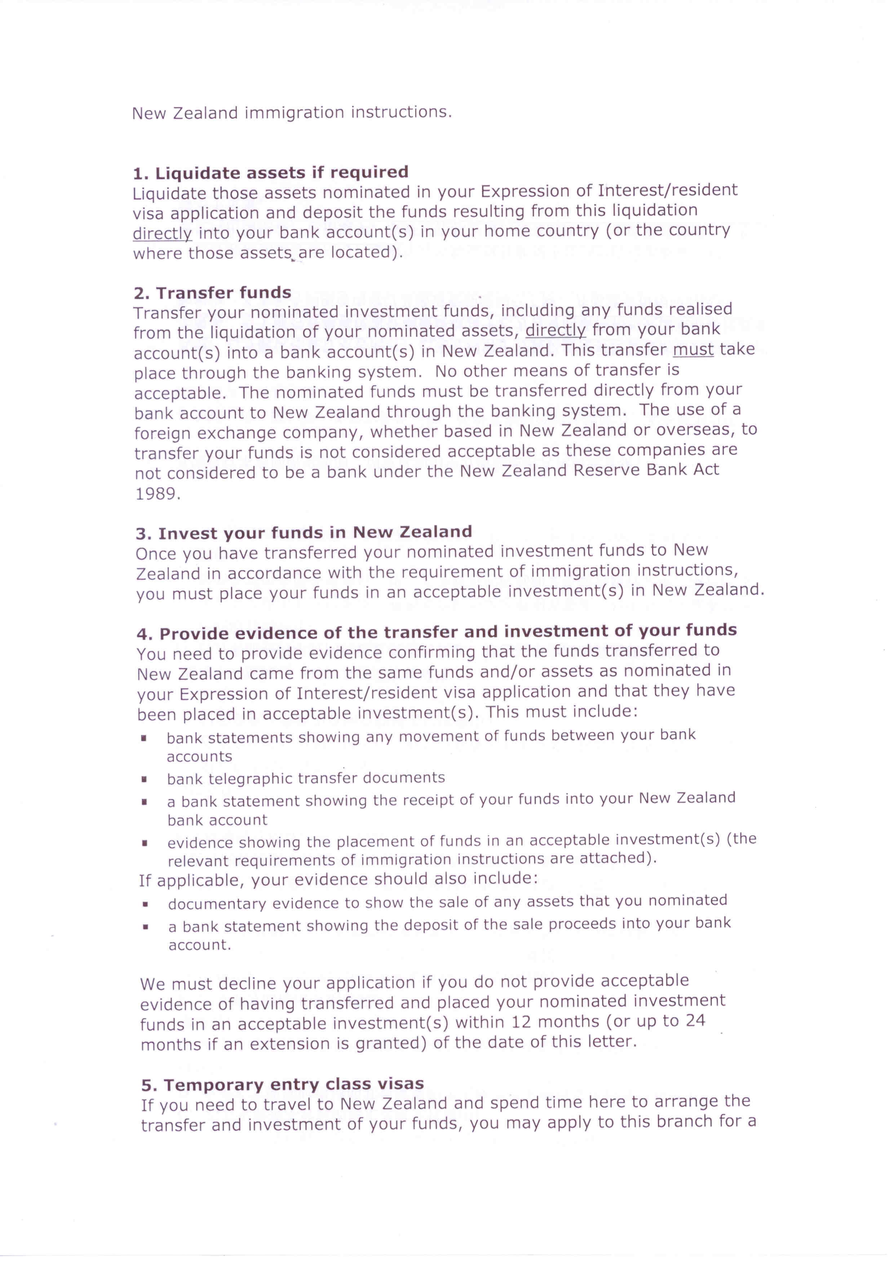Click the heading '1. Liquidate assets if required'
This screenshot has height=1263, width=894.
(270, 173)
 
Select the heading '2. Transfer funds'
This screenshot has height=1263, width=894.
(212, 293)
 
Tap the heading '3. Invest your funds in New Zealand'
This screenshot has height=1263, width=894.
(304, 532)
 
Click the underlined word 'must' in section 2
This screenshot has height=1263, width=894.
(693, 350)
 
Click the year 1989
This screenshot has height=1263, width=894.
(158, 494)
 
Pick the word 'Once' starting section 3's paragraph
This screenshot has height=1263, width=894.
(156, 553)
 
